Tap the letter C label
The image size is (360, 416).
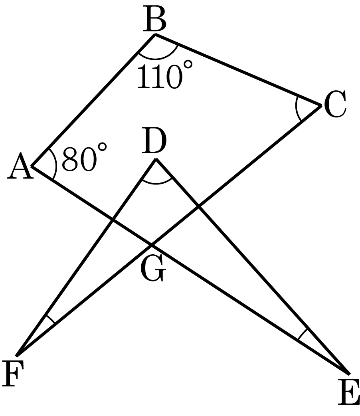(335, 104)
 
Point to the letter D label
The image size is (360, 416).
(154, 141)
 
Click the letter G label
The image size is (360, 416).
(153, 269)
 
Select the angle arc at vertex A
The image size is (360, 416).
(56, 165)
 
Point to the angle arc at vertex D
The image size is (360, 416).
(156, 183)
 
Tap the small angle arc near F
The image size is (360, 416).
(50, 319)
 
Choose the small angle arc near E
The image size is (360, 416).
(302, 334)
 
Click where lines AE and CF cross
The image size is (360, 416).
(152, 244)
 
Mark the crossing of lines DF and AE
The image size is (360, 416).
(113, 219)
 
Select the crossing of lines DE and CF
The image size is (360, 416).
(198, 206)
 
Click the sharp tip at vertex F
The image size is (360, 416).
(16, 356)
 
